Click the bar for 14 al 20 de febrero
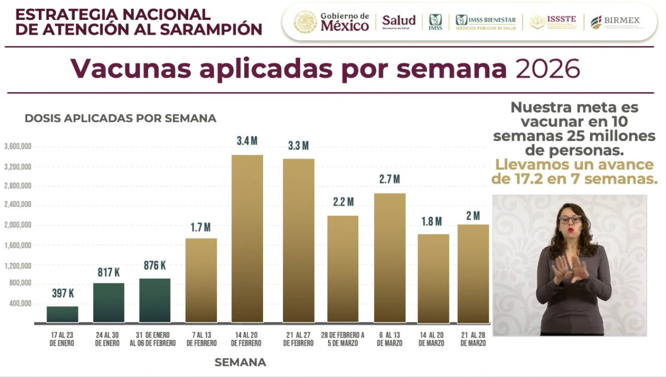tap(247, 238)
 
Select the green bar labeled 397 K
tap(62, 314)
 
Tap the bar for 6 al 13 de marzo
tap(390, 258)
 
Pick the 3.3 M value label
tap(298, 146)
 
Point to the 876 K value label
tap(155, 265)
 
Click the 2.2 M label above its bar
tap(343, 202)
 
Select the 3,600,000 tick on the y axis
tap(17, 147)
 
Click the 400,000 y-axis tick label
tap(19, 304)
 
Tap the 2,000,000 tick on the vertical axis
tap(17, 226)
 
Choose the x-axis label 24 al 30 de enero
tap(108, 339)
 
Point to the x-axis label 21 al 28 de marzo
tap(473, 339)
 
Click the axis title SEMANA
tap(240, 363)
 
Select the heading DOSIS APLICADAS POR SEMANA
tap(120, 118)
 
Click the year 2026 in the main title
tap(548, 69)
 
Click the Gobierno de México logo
tap(332, 22)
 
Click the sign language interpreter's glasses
tap(570, 219)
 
